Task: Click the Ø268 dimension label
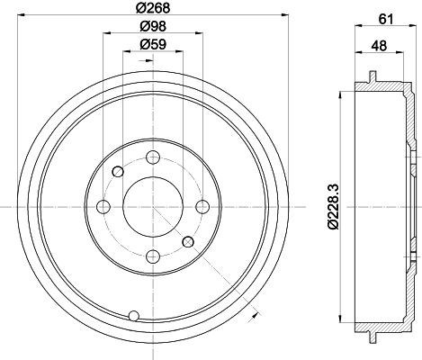click(x=153, y=8)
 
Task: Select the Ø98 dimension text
click(x=153, y=26)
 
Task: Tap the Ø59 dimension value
click(x=153, y=45)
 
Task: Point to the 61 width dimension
click(x=386, y=19)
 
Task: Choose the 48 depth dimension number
click(x=379, y=46)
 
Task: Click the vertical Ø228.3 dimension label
click(x=333, y=207)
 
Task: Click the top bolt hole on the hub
click(x=153, y=157)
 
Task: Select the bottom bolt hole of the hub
click(x=153, y=256)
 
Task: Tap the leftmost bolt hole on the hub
click(x=103, y=207)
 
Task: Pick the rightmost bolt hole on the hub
click(x=202, y=207)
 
